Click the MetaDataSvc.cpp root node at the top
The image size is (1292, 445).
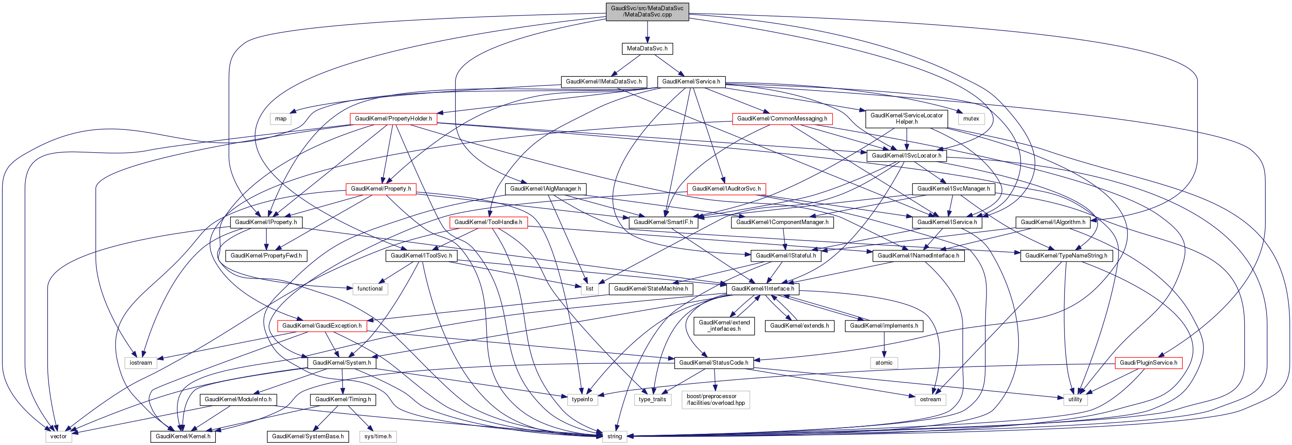click(647, 12)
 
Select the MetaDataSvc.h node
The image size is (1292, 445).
click(647, 49)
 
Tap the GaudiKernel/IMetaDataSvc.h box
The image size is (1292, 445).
click(603, 82)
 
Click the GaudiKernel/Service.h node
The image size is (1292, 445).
click(691, 82)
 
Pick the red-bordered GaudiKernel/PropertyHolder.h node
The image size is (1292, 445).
click(393, 119)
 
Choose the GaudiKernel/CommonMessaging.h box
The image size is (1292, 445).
click(782, 119)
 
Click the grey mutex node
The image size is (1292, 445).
click(970, 119)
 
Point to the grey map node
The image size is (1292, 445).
click(281, 119)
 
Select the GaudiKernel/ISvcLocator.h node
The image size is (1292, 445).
click(906, 155)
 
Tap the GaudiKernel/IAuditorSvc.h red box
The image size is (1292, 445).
click(726, 189)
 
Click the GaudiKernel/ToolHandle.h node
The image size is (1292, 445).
click(488, 222)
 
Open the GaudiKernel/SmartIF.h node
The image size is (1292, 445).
click(663, 222)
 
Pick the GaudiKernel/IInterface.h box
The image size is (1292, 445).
click(762, 289)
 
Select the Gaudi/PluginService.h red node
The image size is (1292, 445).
click(1148, 363)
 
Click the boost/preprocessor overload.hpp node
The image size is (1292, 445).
click(715, 400)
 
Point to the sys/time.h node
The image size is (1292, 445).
click(378, 437)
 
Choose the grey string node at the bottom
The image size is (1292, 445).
click(615, 437)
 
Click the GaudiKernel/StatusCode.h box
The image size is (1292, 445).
click(713, 363)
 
